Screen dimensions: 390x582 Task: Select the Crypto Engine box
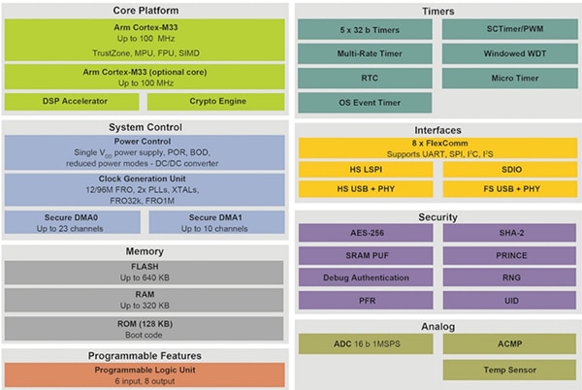coord(216,101)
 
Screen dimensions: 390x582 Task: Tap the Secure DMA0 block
coord(74,222)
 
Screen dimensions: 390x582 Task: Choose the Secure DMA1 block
coord(216,222)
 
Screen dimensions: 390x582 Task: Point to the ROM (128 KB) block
coord(145,329)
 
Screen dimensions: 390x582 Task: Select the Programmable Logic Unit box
coord(145,374)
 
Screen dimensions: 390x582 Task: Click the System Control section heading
coord(145,127)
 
